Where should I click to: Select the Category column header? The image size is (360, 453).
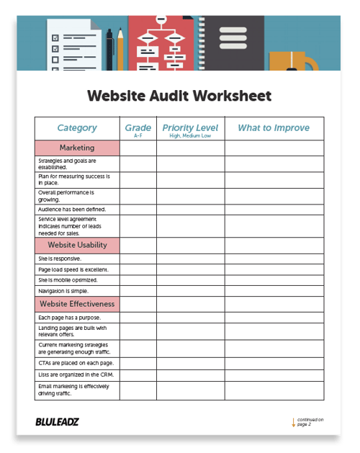(x=77, y=128)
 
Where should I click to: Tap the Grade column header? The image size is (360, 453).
(x=138, y=128)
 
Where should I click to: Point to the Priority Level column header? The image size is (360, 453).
(x=190, y=128)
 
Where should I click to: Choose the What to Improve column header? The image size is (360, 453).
(x=274, y=128)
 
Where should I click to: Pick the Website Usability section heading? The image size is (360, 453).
(x=77, y=246)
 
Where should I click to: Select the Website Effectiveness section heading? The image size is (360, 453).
(x=77, y=304)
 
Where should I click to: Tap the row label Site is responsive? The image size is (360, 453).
(x=60, y=259)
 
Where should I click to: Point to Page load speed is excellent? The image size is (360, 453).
(x=72, y=269)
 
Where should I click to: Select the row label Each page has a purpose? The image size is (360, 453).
(x=69, y=318)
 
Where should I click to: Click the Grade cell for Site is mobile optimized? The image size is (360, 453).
(x=138, y=280)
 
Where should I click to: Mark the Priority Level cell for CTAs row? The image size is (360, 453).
(x=190, y=363)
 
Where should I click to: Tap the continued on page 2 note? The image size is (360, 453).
(x=308, y=422)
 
